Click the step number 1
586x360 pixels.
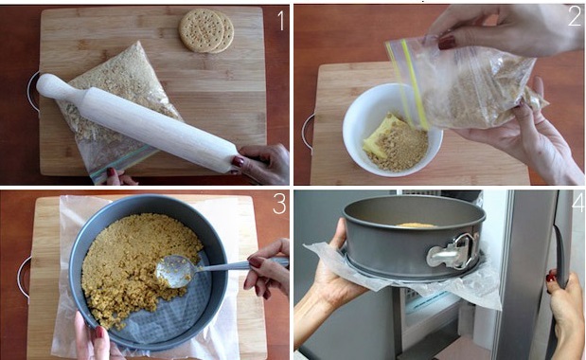pos(280,21)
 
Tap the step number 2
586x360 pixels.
pos(575,17)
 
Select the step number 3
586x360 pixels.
pos(279,204)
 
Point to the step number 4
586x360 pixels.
pos(577,204)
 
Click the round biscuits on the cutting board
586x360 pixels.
pos(206,30)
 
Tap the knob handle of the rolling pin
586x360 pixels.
pos(52,87)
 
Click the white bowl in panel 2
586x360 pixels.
pos(392,130)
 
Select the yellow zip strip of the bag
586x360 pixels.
pos(414,84)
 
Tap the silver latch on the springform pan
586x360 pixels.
pos(453,251)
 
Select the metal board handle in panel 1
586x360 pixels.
pos(32,92)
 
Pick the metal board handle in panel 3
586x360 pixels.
pos(23,277)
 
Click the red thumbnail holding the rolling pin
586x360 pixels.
pos(238,162)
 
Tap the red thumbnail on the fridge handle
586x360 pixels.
pos(550,278)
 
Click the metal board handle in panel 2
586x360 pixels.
pos(308,133)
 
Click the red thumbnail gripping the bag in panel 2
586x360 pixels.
pos(448,43)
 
